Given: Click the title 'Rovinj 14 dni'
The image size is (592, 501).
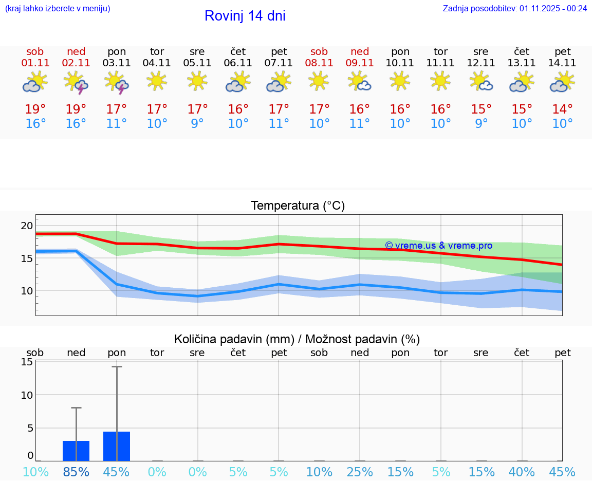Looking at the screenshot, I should pos(245,16).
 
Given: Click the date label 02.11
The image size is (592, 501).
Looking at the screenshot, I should pos(76,63).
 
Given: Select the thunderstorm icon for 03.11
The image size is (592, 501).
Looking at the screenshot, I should pos(117,83).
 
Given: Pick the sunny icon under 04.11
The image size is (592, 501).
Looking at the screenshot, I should pos(157,81).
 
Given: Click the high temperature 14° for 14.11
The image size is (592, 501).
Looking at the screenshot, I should pos(563,109).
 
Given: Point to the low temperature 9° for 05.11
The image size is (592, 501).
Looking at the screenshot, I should pos(197,123).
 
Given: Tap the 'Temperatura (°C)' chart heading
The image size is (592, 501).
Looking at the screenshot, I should pos(298,206).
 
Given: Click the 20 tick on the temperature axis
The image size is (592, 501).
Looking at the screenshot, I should pos(27,226).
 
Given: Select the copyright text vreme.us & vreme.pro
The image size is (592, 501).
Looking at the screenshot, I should pos(438,246).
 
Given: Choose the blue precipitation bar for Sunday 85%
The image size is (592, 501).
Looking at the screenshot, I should pos(76,451).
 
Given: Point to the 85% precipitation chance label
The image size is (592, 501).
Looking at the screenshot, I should pos(76,472).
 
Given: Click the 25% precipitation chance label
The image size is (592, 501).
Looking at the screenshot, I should pos(360,472).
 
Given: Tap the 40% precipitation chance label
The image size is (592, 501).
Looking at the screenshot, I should pos(522,472).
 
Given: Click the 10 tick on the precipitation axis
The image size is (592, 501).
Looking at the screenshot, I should pos(27,395).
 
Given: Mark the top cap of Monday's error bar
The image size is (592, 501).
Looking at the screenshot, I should pos(117,367).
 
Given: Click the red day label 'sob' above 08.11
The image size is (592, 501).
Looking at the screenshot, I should pos(319,51).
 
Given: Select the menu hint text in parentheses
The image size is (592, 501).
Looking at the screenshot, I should pos(58,8).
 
